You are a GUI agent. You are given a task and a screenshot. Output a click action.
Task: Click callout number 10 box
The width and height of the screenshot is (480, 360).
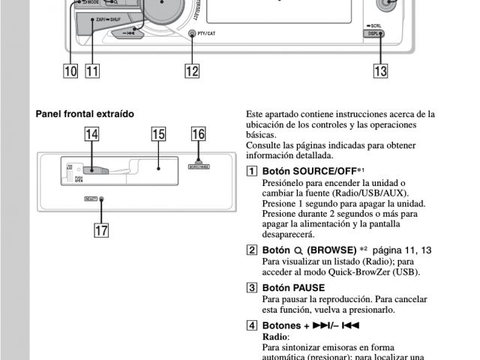70,71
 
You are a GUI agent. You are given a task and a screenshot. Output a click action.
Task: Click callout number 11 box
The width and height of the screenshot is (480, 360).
93,71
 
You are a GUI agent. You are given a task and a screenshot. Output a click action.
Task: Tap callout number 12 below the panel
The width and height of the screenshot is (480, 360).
193,71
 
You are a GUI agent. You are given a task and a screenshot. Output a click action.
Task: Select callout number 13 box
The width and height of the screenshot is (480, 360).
381,71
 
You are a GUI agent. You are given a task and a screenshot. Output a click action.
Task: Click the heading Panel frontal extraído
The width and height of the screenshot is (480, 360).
85,114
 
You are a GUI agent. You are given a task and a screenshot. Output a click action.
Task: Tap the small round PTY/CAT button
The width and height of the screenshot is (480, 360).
192,34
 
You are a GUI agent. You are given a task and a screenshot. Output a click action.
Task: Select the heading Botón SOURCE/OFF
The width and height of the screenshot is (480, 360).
308,171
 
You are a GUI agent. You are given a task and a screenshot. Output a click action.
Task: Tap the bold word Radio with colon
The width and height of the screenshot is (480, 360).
274,337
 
